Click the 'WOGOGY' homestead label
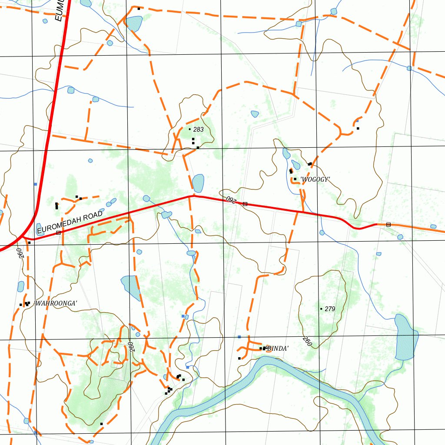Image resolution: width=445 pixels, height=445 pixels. click(315, 179)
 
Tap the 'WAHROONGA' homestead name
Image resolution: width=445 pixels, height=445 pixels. click(56, 303)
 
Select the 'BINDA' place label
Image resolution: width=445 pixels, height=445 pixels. click(278, 349)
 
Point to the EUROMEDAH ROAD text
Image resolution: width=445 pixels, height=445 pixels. click(70, 222)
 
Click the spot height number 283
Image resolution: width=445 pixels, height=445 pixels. click(199, 130)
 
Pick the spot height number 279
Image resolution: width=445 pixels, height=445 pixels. click(330, 309)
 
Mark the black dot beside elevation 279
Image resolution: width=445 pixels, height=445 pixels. click(321, 309)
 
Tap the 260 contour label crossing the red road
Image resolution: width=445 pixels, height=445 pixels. click(230, 199)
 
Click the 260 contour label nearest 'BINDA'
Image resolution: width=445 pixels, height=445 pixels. click(307, 342)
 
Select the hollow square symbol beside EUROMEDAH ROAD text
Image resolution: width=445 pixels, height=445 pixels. click(58, 233)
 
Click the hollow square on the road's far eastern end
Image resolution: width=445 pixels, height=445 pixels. click(388, 224)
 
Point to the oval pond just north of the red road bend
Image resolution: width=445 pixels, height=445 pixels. click(198, 183)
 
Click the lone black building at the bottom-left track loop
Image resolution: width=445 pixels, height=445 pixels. click(101, 424)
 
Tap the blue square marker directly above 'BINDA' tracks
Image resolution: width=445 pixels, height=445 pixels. click(239, 337)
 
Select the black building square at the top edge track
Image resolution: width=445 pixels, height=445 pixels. click(139, 9)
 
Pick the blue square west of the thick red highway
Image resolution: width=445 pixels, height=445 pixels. click(35, 184)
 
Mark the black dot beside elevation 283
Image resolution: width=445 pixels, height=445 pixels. click(190, 129)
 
